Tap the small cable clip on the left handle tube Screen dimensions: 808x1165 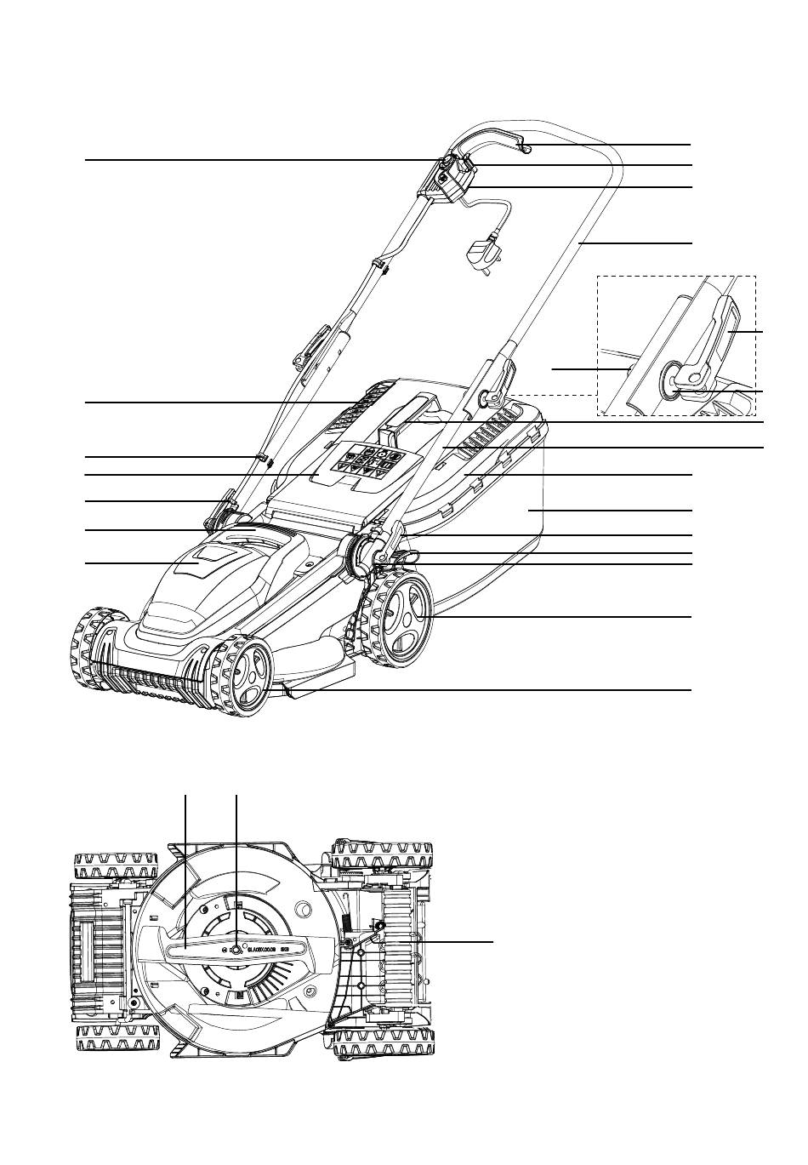tap(263, 460)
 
